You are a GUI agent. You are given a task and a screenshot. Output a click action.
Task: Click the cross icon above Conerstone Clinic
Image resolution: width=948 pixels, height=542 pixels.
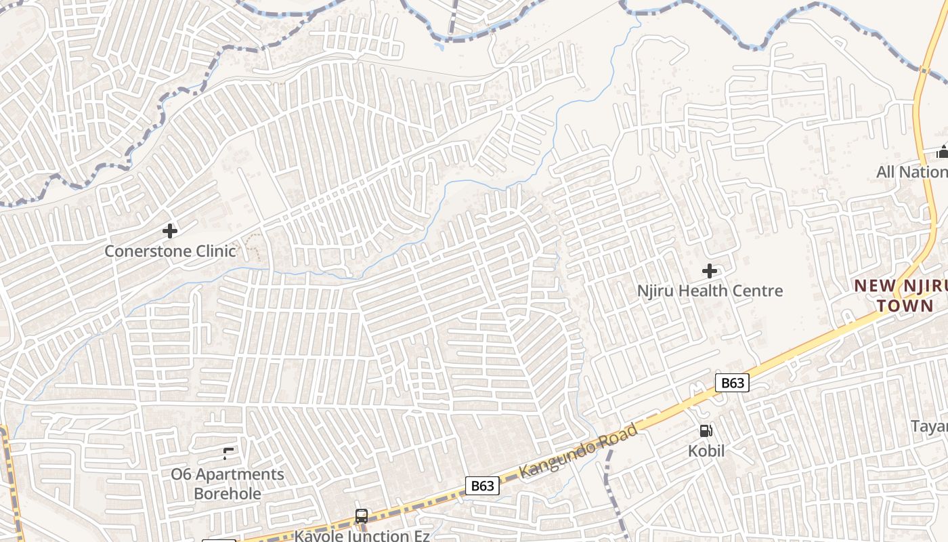[x=170, y=231]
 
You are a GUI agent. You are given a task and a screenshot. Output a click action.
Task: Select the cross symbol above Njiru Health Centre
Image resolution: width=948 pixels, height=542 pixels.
[x=710, y=271]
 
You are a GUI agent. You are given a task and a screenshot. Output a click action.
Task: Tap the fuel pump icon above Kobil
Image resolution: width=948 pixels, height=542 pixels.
[x=706, y=431]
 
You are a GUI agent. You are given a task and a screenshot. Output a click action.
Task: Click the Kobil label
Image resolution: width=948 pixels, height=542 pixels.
[x=706, y=451]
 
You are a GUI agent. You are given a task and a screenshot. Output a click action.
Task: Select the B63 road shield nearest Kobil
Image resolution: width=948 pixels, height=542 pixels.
[x=732, y=383]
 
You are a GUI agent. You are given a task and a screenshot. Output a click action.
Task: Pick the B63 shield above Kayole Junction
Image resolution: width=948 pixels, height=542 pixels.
[x=482, y=486]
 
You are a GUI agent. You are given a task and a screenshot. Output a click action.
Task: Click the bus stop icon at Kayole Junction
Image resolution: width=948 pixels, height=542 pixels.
[x=362, y=516]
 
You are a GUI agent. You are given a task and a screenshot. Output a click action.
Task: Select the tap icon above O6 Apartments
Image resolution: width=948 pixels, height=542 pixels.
[x=228, y=453]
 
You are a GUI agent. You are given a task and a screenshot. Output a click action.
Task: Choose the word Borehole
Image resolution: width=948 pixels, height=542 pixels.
[x=228, y=494]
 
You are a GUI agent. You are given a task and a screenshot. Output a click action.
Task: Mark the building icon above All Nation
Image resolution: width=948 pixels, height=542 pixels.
[x=942, y=151]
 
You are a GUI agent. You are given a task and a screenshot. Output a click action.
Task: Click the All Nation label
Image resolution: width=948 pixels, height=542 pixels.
[x=911, y=172]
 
